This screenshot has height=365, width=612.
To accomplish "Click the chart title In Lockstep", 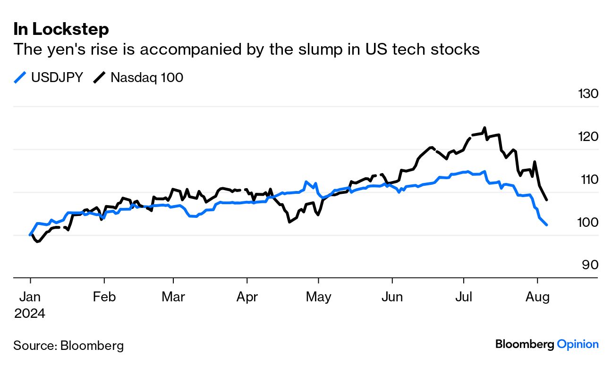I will click(x=61, y=30).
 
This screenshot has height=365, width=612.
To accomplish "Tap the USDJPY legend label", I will click(x=57, y=78).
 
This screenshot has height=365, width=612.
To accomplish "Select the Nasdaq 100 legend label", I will click(x=147, y=78).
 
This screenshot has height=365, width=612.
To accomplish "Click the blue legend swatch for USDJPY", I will click(x=20, y=78).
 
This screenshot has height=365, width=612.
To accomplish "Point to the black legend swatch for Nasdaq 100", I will click(x=99, y=78).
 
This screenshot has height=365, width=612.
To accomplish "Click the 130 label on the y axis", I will click(x=588, y=94).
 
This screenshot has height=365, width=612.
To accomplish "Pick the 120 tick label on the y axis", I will click(x=588, y=137).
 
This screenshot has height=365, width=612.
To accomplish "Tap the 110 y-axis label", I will click(x=588, y=180).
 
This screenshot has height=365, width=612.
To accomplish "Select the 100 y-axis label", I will click(x=588, y=222).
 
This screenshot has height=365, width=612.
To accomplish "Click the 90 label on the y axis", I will click(x=590, y=265).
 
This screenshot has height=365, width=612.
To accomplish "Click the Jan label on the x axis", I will click(x=30, y=297).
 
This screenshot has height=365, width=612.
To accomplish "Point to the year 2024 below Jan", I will click(x=30, y=314).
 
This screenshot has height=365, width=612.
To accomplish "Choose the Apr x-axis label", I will click(x=247, y=297).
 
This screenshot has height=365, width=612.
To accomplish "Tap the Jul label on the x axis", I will click(x=464, y=297).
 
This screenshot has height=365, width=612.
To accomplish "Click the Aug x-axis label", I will click(x=537, y=297).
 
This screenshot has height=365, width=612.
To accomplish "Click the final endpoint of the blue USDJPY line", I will click(x=546, y=225).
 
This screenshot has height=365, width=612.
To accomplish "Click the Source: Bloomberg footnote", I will click(x=68, y=346).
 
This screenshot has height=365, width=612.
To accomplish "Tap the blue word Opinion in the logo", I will click(x=578, y=344).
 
